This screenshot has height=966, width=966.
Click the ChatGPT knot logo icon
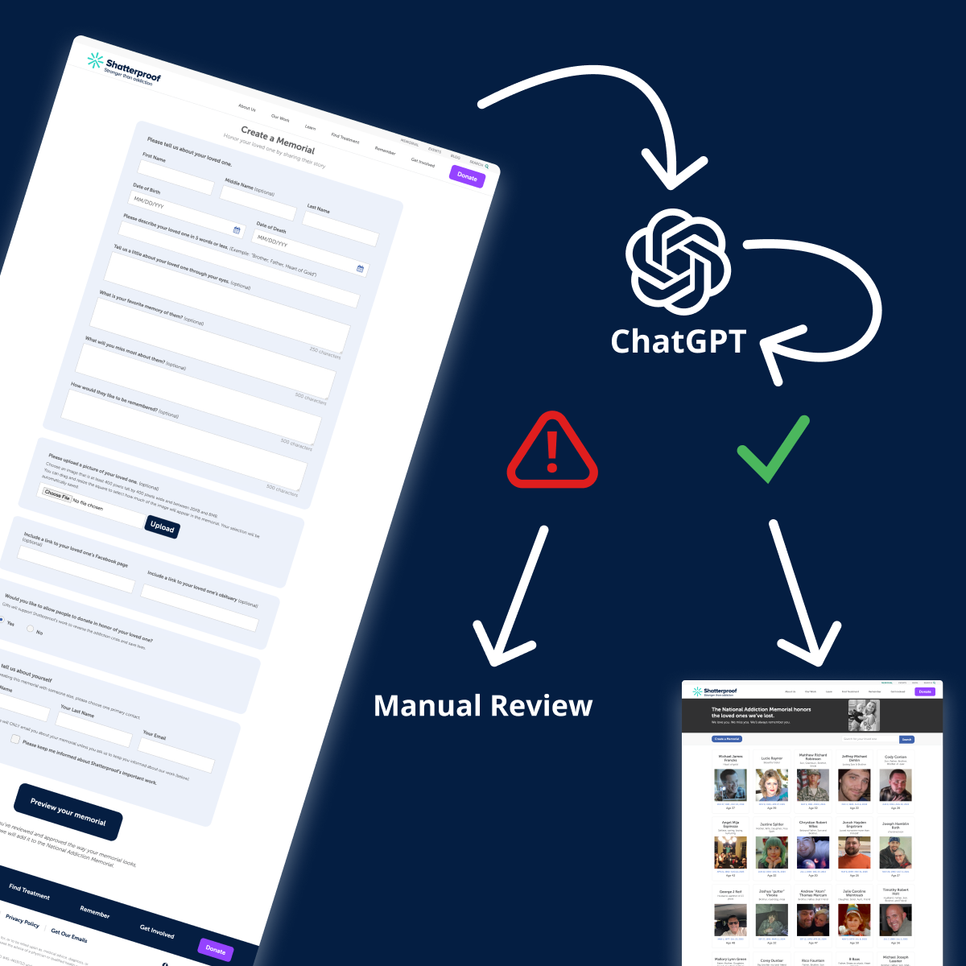coord(678,261)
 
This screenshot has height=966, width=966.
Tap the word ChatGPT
coord(679,341)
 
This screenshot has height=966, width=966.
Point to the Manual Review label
coord(483,706)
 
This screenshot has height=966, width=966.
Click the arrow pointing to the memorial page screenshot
coord(797,596)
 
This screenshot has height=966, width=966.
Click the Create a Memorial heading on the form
coord(278,140)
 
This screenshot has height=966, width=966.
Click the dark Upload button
coord(162,527)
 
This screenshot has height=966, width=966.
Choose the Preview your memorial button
coord(68,811)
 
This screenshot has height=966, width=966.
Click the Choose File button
coord(57,495)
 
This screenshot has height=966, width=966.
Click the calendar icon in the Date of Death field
coord(360,269)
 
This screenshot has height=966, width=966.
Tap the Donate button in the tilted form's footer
coord(215,949)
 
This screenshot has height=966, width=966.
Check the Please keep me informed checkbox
coord(15,739)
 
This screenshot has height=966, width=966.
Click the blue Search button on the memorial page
coord(906,739)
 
